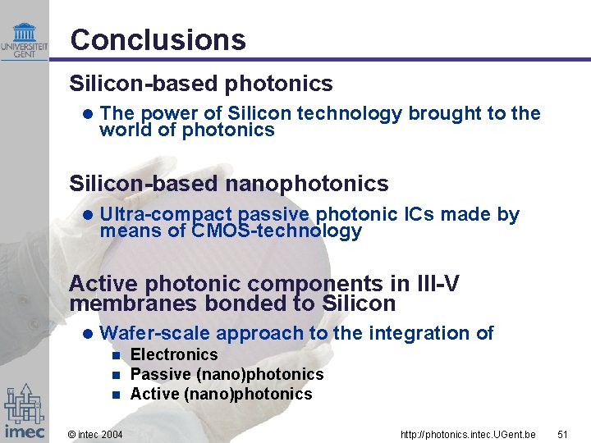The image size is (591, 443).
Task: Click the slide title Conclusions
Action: tap(158, 39)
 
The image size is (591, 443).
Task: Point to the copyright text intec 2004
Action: tap(95, 433)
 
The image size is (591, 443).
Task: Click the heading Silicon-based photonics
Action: tap(201, 84)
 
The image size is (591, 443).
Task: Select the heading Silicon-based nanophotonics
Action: tap(229, 183)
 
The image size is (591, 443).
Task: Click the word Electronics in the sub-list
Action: tap(174, 354)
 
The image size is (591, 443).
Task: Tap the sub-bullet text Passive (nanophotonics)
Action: tap(227, 374)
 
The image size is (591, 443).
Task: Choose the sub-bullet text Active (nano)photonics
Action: tap(222, 394)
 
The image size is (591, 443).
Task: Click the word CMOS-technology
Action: tap(277, 231)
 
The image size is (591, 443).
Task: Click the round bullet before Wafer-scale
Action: tap(88, 334)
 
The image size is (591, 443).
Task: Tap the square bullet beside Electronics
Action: tap(116, 355)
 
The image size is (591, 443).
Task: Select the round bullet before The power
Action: tap(88, 114)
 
